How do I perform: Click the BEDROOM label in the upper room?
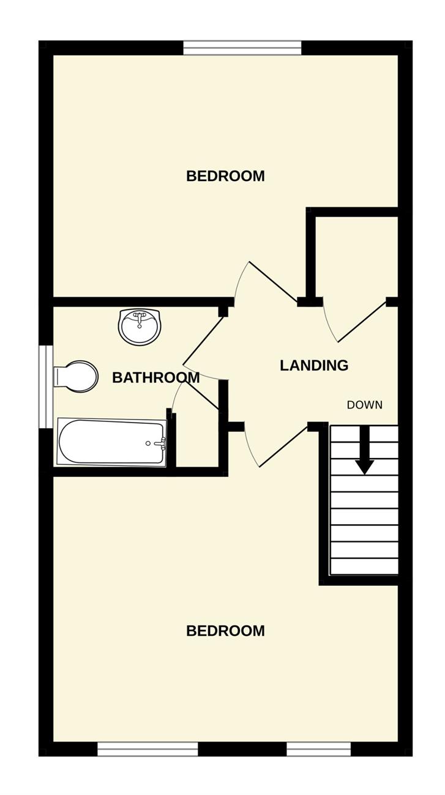coord(225,176)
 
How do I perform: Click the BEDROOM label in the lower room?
coord(225,630)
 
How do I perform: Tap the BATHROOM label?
coord(156,378)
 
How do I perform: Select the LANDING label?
coord(314,366)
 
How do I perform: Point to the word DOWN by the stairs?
coord(365,405)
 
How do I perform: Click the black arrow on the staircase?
coord(365,450)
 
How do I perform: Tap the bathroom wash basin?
coord(140,327)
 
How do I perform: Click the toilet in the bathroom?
coord(76,377)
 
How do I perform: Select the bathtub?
coord(111,442)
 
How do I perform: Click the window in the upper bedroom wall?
coord(242,48)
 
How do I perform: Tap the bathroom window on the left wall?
coord(46,386)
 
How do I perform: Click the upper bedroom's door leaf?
coord(274,283)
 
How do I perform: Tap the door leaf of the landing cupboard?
coord(362,321)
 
